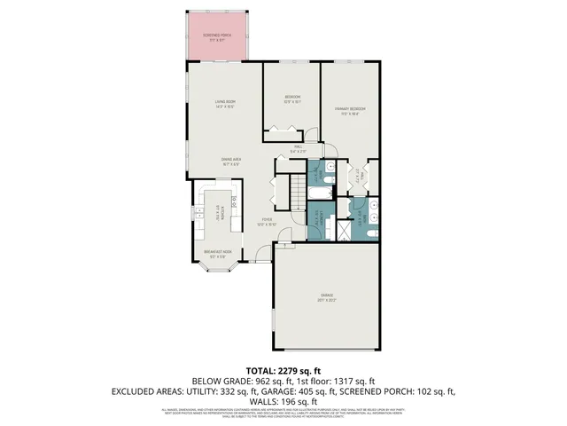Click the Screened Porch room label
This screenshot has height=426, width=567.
coord(217,36)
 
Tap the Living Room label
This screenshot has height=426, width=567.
coord(224,103)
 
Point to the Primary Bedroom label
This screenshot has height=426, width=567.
coord(351,110)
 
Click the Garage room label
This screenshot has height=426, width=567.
coord(327,296)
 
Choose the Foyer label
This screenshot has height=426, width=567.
coord(267,223)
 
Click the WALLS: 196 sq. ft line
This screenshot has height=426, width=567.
coord(283,402)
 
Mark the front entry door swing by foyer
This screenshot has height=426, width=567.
coord(263,256)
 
